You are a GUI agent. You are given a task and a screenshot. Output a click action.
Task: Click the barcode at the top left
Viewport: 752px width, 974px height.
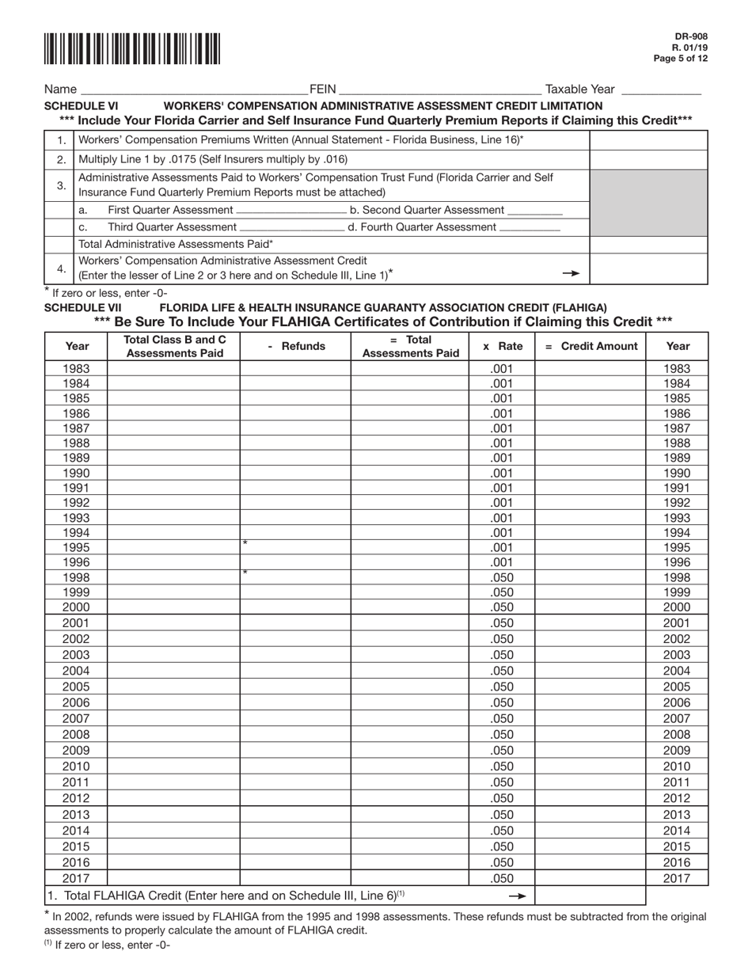[x=132, y=49]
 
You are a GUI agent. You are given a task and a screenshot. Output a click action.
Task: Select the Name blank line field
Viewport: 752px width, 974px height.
[x=194, y=90]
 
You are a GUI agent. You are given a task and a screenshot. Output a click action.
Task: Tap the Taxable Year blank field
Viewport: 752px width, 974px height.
[x=662, y=90]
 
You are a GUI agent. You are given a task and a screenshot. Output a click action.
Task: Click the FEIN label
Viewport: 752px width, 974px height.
[x=322, y=89]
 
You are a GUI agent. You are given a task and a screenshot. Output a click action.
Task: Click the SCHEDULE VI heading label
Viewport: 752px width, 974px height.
[x=82, y=105]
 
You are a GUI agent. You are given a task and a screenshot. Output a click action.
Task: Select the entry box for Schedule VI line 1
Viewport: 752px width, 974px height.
[x=649, y=140]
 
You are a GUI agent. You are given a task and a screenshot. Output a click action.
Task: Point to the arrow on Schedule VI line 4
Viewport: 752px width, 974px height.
[x=570, y=273]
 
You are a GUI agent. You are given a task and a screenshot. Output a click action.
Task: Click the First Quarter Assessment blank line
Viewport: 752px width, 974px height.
[x=291, y=211]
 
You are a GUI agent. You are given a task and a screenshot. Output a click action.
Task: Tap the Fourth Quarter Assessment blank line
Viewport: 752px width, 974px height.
[x=530, y=227]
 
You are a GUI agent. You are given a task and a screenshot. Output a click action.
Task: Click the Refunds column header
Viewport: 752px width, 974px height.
[x=295, y=346]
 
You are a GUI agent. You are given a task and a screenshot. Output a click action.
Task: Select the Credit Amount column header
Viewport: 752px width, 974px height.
[x=591, y=346]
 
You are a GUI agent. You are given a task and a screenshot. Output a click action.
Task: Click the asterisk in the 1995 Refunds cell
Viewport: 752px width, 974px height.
[x=245, y=543]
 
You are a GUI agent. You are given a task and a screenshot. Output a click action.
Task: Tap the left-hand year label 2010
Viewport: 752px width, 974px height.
[x=76, y=767]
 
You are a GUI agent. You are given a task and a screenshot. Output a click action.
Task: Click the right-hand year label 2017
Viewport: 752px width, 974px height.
[x=677, y=878]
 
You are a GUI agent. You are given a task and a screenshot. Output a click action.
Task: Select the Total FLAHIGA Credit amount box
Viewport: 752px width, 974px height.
[x=591, y=896]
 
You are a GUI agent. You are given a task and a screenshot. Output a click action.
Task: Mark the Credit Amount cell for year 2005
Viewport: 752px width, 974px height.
[x=591, y=687]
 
